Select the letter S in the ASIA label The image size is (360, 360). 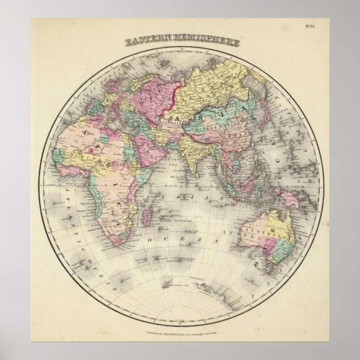click(x=197, y=119)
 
